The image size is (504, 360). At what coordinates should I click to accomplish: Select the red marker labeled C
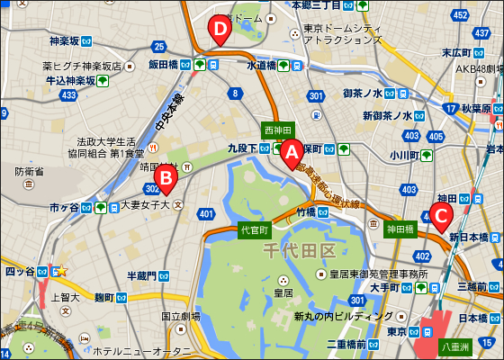[440, 215]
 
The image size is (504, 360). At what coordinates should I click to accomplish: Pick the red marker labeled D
[219, 29]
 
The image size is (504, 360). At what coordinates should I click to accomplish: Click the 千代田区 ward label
[298, 251]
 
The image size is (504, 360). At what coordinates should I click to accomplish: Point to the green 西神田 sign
[278, 130]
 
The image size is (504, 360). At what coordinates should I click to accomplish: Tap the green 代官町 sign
[256, 230]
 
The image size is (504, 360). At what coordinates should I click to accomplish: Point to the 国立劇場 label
[181, 317]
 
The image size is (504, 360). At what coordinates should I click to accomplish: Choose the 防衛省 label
[30, 171]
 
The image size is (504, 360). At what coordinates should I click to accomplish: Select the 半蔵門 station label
[141, 275]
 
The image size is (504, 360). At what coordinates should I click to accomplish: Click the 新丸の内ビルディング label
[343, 317]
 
